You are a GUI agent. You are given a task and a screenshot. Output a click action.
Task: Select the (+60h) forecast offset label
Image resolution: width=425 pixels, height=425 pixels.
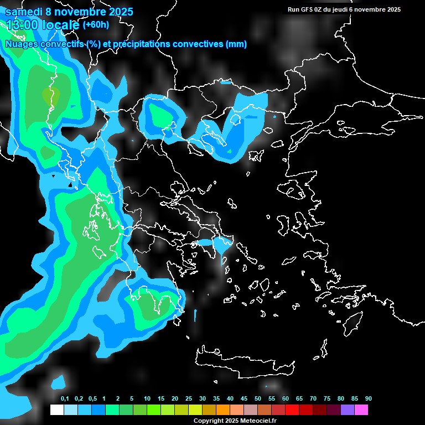[95, 24]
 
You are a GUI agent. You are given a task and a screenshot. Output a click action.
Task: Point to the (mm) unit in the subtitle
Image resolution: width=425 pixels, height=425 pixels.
[236, 44]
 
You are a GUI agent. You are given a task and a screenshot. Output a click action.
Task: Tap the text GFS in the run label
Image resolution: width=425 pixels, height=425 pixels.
[307, 9]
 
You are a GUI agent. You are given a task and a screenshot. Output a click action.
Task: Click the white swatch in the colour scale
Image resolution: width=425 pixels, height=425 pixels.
[56, 410]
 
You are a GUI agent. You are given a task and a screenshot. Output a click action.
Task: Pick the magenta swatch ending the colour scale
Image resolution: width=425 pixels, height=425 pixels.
[361, 410]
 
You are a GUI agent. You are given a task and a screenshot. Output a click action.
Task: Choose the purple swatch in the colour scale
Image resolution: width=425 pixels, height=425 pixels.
[348, 410]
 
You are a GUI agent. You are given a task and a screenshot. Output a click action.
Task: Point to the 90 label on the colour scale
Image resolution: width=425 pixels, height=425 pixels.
[368, 399]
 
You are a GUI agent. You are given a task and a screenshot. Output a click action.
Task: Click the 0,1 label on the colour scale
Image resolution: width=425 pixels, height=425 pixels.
[64, 399]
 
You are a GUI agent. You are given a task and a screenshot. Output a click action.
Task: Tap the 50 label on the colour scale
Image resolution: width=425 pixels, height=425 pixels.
[258, 399]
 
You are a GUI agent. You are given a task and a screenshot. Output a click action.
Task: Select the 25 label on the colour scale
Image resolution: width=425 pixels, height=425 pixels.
[189, 399]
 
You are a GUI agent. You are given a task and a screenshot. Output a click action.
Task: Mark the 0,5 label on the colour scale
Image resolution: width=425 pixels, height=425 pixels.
[92, 399]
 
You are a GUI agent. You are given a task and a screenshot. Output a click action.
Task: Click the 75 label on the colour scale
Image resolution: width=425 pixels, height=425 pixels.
[327, 399]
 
